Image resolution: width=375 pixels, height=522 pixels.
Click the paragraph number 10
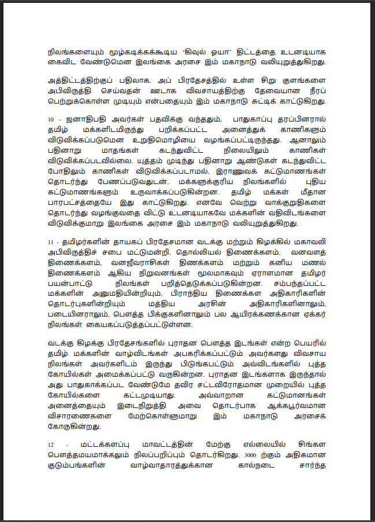coord(50,119)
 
